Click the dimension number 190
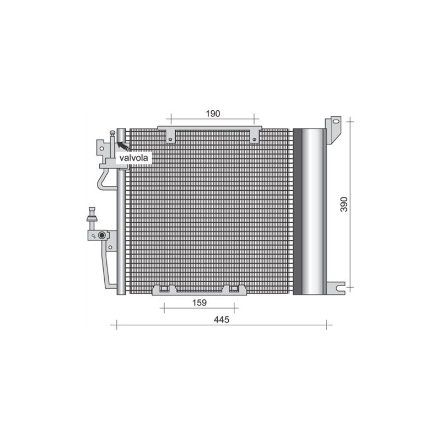213,114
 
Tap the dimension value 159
200,302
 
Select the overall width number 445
221,320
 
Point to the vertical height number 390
345,204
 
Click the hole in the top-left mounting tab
171,139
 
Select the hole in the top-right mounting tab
254,139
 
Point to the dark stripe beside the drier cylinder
298,211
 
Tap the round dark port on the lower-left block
101,236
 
